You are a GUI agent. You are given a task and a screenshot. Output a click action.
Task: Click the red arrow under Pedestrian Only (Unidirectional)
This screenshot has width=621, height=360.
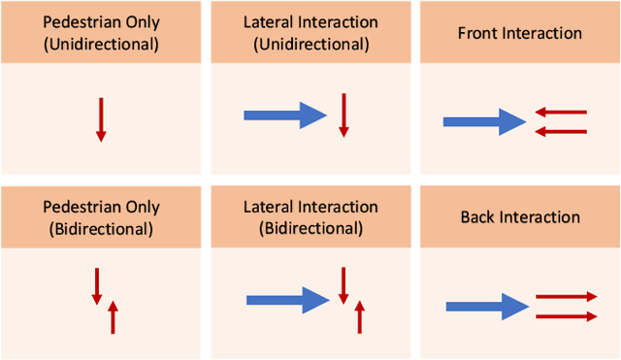pos(101,120)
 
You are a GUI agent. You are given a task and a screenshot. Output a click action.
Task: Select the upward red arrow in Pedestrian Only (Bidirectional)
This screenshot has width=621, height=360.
pos(114,316)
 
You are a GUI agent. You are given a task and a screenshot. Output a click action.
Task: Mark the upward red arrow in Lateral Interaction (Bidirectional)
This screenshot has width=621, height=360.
pos(360,316)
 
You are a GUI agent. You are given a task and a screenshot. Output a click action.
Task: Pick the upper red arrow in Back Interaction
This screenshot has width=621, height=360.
pos(565,297)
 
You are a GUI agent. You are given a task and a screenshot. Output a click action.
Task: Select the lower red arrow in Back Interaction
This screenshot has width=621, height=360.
pos(565,315)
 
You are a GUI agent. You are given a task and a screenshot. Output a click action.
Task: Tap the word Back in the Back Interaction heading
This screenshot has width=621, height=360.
pos(478,216)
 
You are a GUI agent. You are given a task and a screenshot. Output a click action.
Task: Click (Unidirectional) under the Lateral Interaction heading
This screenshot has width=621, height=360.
pos(310,45)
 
